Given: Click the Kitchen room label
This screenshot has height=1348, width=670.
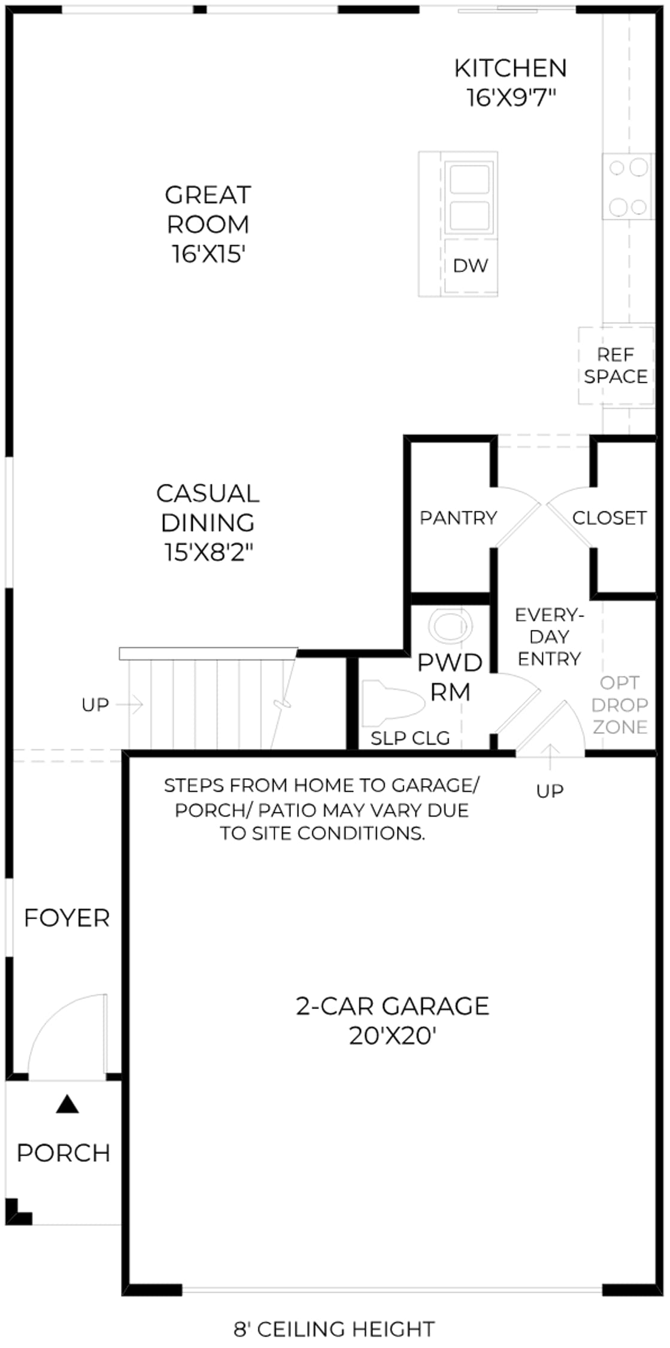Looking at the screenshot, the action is tap(510, 68).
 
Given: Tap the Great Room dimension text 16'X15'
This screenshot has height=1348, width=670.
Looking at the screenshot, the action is tap(208, 254).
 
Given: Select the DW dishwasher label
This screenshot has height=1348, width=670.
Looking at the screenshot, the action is tap(471, 265).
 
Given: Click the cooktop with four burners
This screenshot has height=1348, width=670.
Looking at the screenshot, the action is tap(628, 186).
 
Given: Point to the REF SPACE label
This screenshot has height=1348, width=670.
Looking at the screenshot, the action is tap(616, 365).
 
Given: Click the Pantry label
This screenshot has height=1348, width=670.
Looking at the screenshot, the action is tap(458, 518).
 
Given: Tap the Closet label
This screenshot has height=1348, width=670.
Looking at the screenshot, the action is tap(610, 518).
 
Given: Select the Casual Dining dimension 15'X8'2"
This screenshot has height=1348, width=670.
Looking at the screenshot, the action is tap(208, 552).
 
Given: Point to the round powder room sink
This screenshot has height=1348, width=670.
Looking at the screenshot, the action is tap(450, 627).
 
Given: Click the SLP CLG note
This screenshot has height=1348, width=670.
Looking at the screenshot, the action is tap(410, 738).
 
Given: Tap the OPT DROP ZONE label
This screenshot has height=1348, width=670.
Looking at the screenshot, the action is tap(620, 705).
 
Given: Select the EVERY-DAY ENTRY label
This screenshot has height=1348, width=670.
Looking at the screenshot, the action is tap(549, 637).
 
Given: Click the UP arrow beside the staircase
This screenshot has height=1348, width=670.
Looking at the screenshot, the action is tap(130, 705).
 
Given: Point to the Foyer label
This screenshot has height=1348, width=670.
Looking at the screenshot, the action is tap(67, 918).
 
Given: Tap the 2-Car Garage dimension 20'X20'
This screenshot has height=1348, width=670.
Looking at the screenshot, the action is tap(393, 1035).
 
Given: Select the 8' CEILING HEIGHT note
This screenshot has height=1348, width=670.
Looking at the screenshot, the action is tap(334, 1329).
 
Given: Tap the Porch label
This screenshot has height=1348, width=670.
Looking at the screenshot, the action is tap(63, 1153).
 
